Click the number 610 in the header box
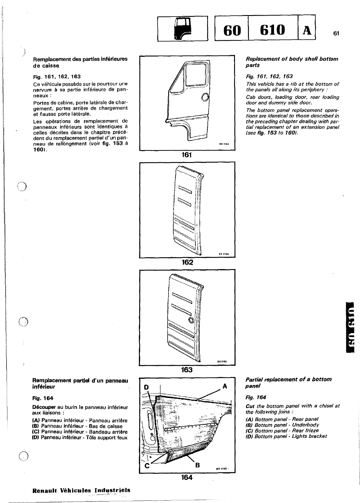click(x=272, y=30)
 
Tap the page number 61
click(x=335, y=33)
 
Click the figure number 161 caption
click(x=187, y=155)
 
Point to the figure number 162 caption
click(x=187, y=262)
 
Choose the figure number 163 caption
click(x=187, y=370)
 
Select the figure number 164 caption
click(x=187, y=477)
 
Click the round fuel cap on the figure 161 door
click(x=205, y=97)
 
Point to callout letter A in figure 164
click(x=225, y=386)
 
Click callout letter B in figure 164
click(x=198, y=465)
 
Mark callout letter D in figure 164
click(x=146, y=387)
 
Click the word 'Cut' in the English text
click(x=250, y=406)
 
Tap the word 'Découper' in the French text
click(x=42, y=407)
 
